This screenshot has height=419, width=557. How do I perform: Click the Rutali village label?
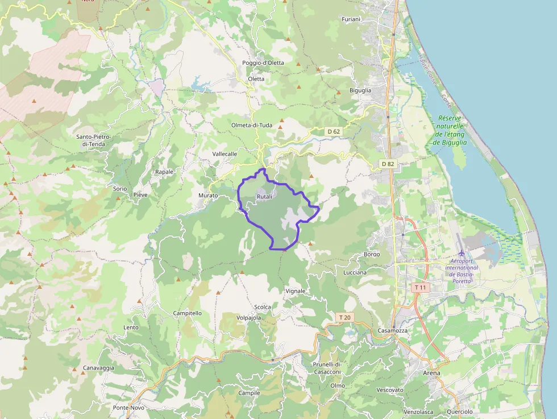(x=265, y=197)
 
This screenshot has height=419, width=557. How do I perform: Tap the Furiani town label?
(x=351, y=19)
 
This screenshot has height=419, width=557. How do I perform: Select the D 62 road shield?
(x=334, y=131)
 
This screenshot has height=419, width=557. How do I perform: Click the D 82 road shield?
(x=388, y=164)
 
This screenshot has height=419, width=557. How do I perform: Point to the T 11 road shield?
(x=420, y=288)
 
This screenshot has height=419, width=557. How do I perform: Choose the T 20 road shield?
(x=344, y=317)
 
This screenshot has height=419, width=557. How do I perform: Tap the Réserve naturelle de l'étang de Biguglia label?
(x=450, y=130)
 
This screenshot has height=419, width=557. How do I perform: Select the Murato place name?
(x=208, y=196)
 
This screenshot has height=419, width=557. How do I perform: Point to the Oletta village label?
(x=256, y=79)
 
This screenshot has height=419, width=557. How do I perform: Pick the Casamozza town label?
(x=392, y=331)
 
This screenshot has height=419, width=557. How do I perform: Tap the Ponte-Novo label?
(x=128, y=408)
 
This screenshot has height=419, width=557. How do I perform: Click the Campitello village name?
(x=188, y=313)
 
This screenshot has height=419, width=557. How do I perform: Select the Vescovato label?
(x=390, y=390)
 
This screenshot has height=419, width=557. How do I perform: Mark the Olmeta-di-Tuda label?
(x=252, y=125)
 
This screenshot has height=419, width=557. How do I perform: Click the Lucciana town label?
(x=355, y=272)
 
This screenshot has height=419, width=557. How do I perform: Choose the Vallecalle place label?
(x=225, y=154)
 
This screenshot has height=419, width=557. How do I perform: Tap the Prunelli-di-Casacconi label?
(x=327, y=368)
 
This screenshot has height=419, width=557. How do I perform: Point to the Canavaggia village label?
(x=98, y=368)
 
